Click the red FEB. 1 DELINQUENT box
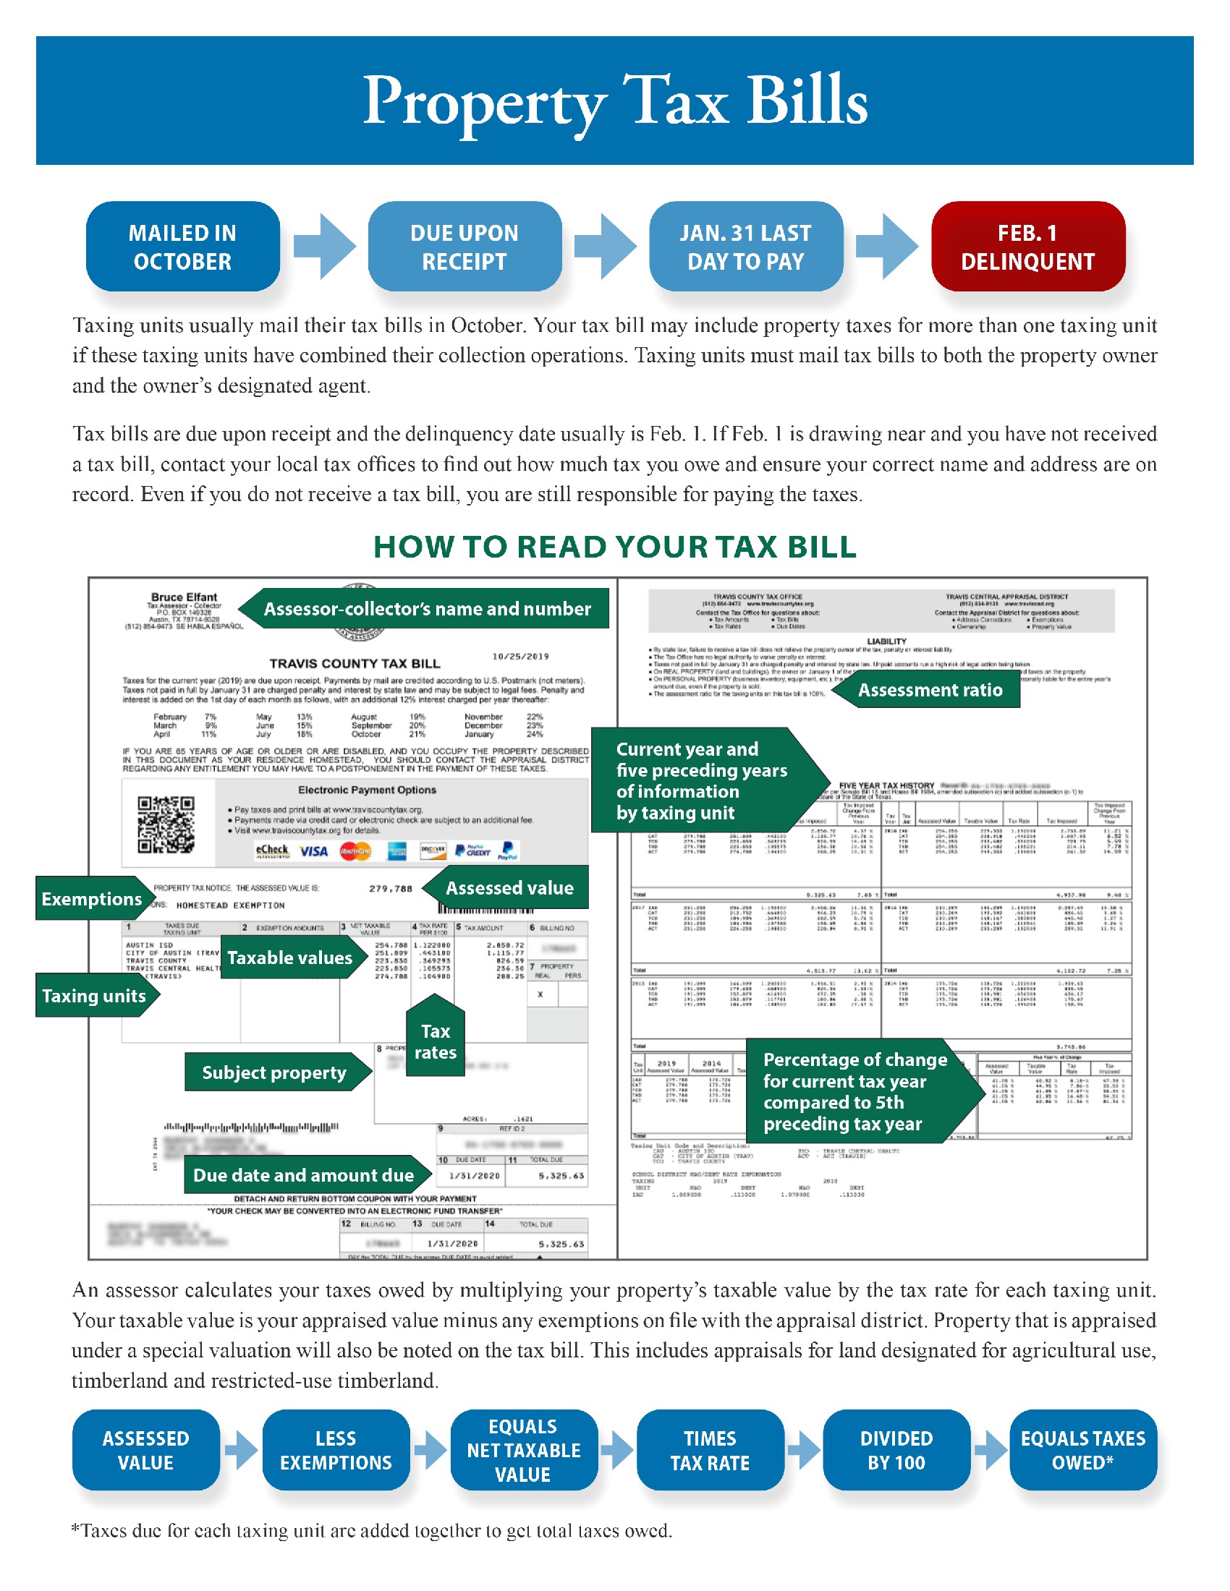click(x=1027, y=247)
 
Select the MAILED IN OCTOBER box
click(x=182, y=247)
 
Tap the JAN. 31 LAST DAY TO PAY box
click(x=745, y=247)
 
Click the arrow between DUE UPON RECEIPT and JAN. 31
click(x=604, y=246)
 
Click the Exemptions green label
click(x=90, y=899)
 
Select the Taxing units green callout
click(x=93, y=996)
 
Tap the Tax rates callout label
click(x=435, y=1041)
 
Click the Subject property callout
click(x=274, y=1072)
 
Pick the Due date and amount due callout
click(x=303, y=1175)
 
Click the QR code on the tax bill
click(x=166, y=824)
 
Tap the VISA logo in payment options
click(x=313, y=851)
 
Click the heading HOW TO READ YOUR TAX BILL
click(x=614, y=547)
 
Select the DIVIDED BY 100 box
click(x=896, y=1451)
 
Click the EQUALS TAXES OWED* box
click(x=1083, y=1451)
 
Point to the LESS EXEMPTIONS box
click(x=335, y=1451)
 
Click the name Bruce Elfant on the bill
click(x=184, y=597)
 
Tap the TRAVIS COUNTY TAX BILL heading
click(x=354, y=664)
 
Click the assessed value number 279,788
click(x=391, y=889)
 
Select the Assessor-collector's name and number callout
click(x=427, y=609)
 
